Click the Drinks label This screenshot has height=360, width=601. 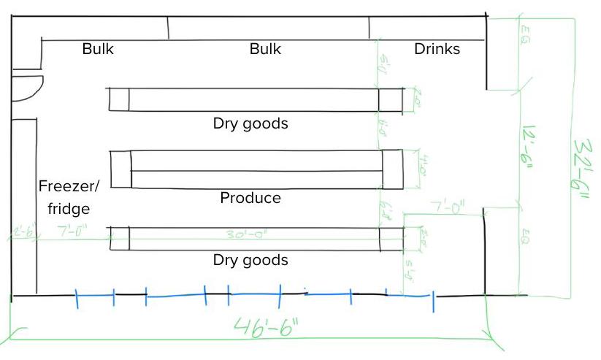(x=437, y=50)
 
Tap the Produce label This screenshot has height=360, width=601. (x=250, y=198)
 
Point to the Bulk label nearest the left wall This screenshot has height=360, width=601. (x=98, y=50)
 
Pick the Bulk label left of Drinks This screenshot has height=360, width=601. (x=265, y=50)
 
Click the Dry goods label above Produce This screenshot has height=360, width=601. (x=250, y=123)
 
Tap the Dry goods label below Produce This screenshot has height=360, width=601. (x=250, y=260)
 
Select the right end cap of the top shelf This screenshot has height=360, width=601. (x=390, y=99)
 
